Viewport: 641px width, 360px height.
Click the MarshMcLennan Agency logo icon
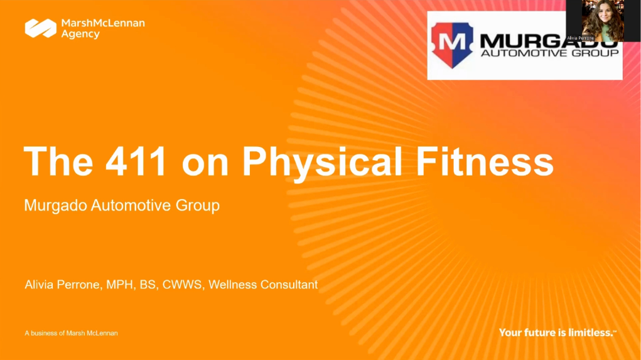coord(40,28)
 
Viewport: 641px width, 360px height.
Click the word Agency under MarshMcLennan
coord(80,34)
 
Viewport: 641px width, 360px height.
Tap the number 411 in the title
coord(136,161)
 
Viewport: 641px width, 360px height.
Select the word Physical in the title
coord(322,163)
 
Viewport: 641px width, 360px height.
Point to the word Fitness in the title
coord(485,161)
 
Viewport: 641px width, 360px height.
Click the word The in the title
coord(58,161)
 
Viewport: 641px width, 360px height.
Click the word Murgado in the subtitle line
coord(55,205)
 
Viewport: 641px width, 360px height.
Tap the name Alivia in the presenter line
coord(39,285)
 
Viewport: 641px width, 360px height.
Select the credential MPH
coord(119,285)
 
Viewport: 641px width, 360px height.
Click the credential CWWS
coord(182,285)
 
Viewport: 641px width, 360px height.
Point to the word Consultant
coord(289,285)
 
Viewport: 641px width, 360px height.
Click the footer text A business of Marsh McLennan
coord(71,333)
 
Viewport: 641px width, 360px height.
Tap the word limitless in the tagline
coord(591,332)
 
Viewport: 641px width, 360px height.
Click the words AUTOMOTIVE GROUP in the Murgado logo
coord(550,53)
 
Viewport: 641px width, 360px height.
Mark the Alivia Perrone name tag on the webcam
coord(581,38)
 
